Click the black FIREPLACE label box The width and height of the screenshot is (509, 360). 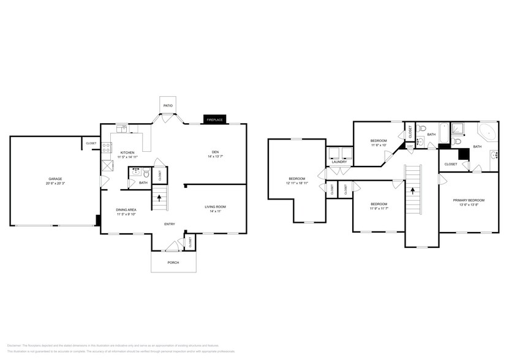coord(214,119)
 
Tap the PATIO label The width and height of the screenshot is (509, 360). coord(167,106)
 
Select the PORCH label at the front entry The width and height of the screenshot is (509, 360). coord(173,263)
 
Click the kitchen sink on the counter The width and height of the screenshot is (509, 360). coord(123,129)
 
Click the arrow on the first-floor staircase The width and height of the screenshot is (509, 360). coord(160,198)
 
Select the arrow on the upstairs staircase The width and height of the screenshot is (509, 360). coord(413,190)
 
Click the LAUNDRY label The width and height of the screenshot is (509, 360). coord(339,162)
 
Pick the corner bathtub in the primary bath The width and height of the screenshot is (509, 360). coord(488,133)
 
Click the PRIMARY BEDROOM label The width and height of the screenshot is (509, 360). coord(469,200)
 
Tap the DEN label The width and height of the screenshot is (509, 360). coord(215,152)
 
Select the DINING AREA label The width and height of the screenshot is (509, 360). coord(126,210)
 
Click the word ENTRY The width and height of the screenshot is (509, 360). coord(170,224)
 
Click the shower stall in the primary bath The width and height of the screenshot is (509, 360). coord(458,128)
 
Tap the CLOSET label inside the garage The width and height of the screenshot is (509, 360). coord(91,143)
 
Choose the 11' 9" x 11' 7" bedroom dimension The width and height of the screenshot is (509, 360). coord(379,208)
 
